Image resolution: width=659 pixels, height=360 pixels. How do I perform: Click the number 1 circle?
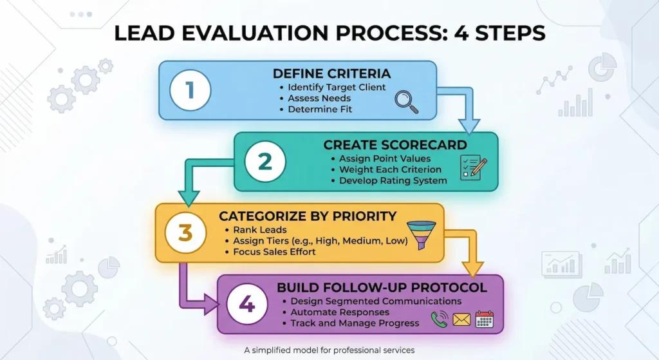[x=189, y=90]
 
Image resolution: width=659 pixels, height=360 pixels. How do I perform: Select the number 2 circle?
[x=265, y=161]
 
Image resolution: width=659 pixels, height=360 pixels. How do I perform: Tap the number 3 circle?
[x=185, y=232]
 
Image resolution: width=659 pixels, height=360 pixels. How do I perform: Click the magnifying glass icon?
[x=405, y=101]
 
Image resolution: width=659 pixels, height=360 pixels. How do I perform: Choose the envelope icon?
[x=461, y=319]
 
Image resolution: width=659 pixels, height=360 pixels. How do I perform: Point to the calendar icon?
[x=484, y=319]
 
